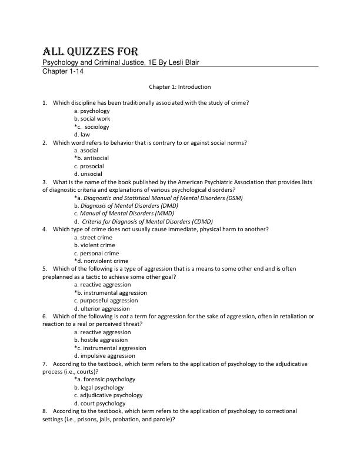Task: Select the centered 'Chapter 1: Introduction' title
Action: (x=179, y=87)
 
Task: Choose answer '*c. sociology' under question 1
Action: (x=91, y=127)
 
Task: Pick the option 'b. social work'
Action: (x=92, y=118)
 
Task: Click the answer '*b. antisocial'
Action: (x=91, y=158)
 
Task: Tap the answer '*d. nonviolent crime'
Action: (x=101, y=261)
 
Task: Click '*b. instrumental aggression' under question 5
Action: (x=110, y=292)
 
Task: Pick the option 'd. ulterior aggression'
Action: (x=102, y=308)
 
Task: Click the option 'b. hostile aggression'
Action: (x=101, y=339)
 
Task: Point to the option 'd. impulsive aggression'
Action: (x=104, y=355)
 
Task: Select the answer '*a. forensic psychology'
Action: (x=104, y=380)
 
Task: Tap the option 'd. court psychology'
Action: (x=99, y=403)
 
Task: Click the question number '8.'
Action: (x=45, y=411)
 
